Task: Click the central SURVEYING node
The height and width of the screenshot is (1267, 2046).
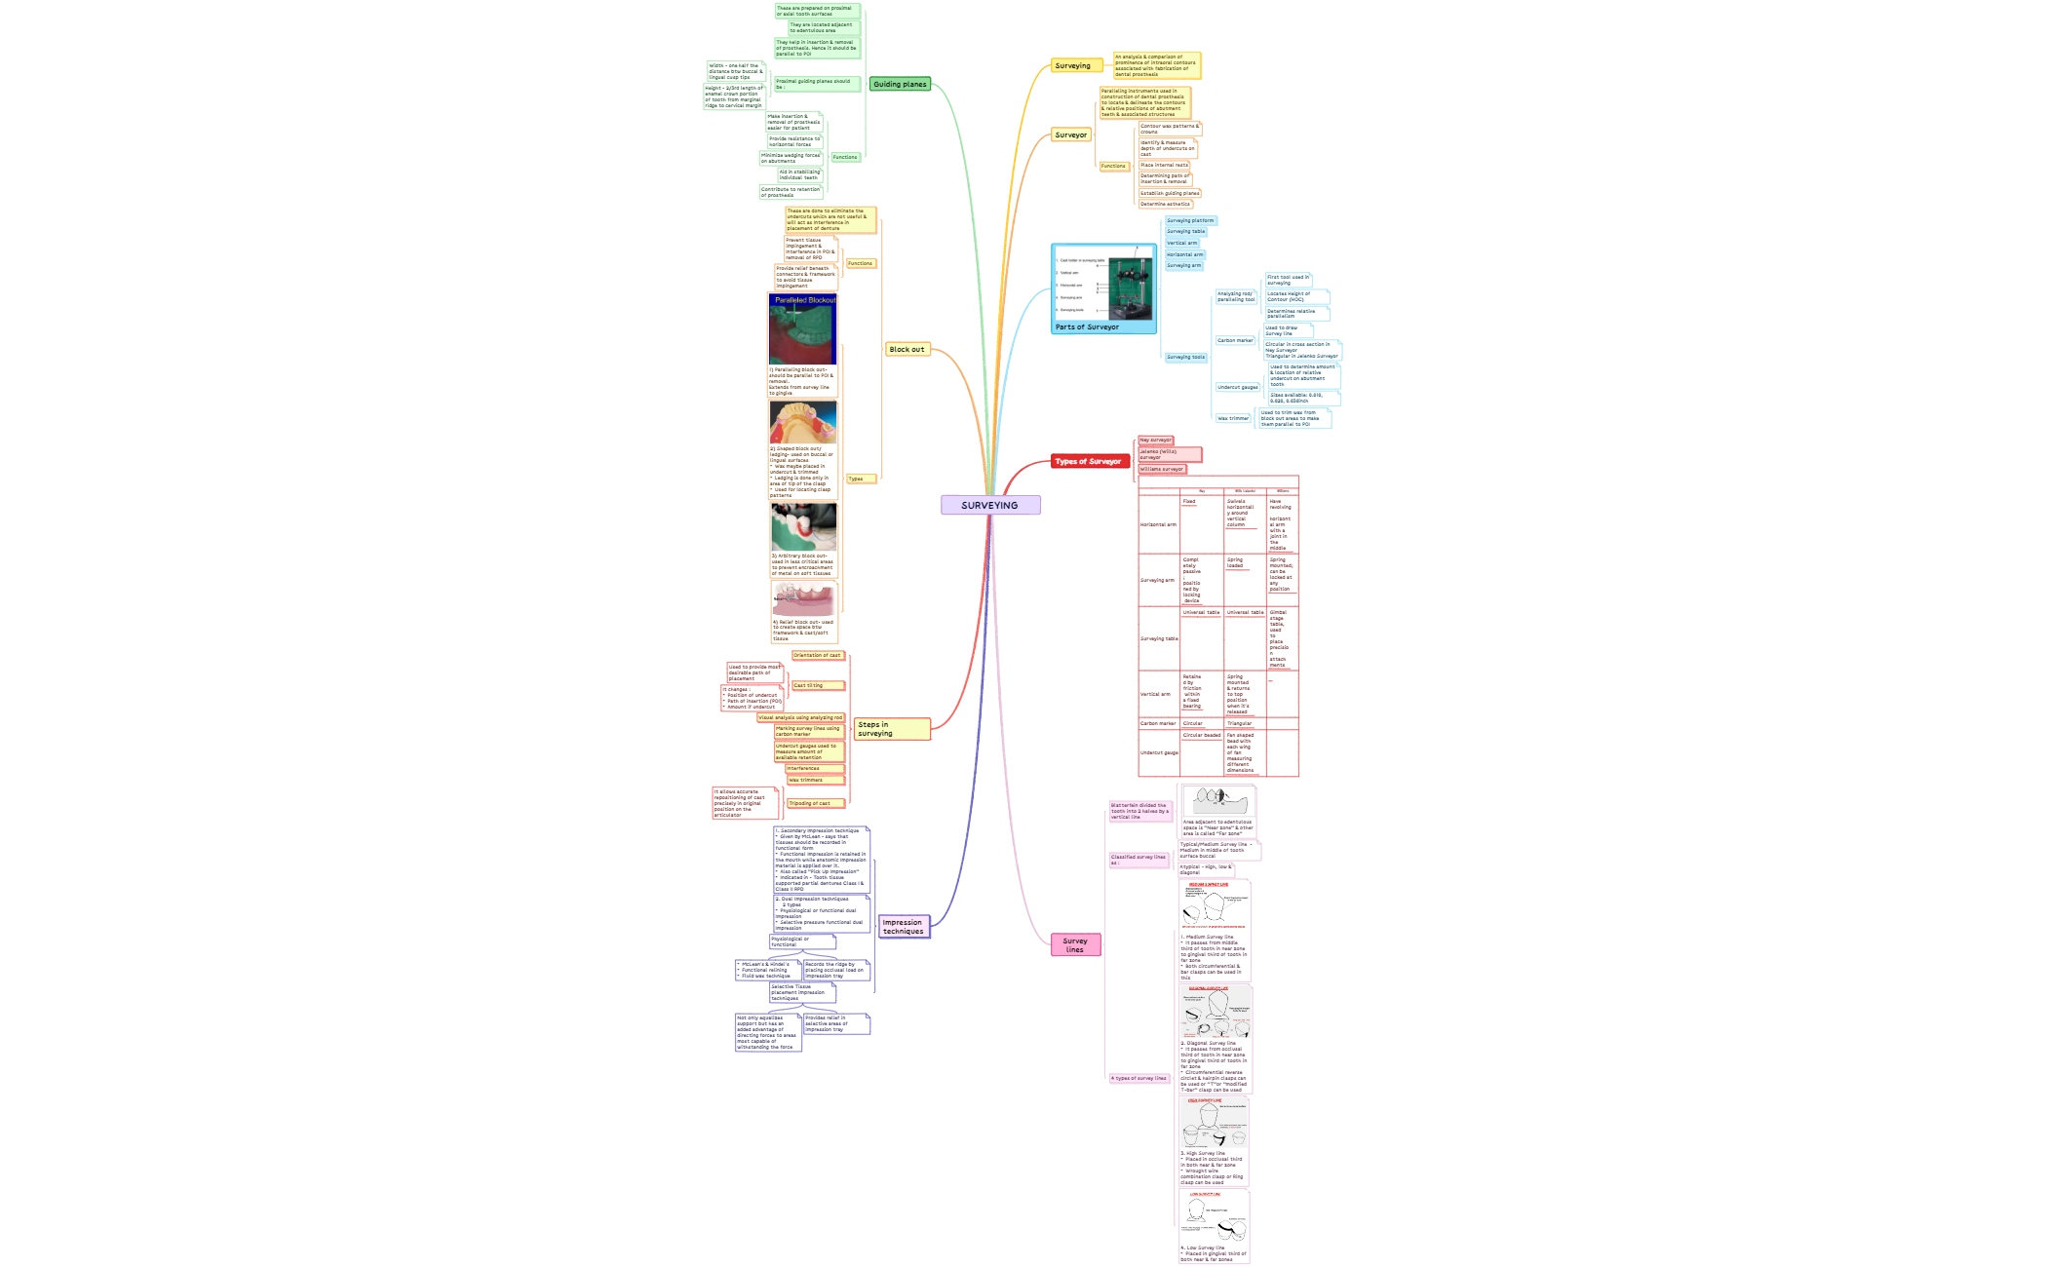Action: point(989,505)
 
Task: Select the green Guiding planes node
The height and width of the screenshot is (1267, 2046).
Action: point(900,85)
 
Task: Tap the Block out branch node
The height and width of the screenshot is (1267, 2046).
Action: point(907,349)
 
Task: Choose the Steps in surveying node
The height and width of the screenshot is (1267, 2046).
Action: point(891,729)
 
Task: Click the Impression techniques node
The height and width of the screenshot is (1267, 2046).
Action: point(904,927)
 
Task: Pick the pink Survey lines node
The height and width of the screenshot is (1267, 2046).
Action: point(1075,945)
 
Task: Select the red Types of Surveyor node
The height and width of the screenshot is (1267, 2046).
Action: point(1089,461)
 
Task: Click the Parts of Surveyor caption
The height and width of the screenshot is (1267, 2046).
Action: point(1087,327)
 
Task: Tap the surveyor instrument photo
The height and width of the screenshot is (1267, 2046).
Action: point(1131,288)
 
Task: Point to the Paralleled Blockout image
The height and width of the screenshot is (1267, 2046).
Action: point(802,329)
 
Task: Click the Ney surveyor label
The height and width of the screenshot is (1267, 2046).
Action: point(1155,441)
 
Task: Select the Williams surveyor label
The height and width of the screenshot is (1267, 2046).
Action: point(1161,470)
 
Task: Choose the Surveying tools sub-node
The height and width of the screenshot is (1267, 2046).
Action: point(1185,358)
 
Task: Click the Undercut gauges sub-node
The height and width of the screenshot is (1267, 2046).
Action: point(1237,387)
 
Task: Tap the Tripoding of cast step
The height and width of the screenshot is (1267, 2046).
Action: point(815,804)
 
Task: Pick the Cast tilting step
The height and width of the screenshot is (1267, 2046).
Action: point(817,686)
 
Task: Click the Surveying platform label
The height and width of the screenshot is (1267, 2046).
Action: point(1190,221)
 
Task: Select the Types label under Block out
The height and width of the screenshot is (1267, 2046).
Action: point(856,480)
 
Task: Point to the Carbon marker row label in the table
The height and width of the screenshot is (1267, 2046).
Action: point(1157,724)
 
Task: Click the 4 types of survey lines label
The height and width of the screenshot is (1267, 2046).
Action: point(1139,1079)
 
